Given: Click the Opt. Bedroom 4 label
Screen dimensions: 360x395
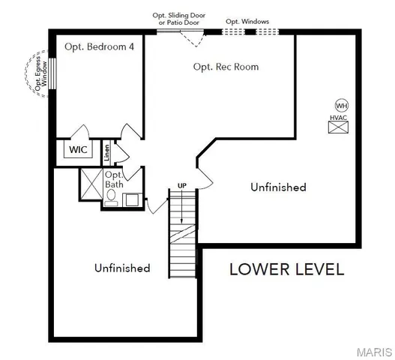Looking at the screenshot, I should tap(100, 46).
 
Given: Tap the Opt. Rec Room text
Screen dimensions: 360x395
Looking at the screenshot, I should tap(226, 67).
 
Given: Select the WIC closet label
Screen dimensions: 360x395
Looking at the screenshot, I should tap(79, 149).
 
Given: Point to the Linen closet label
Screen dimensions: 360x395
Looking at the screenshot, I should tap(107, 152).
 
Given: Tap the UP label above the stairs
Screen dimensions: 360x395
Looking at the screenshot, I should tap(181, 184).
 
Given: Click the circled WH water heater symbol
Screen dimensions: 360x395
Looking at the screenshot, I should tap(341, 105).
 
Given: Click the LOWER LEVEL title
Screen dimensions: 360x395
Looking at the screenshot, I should tap(286, 268).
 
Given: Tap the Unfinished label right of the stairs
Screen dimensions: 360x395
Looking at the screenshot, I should tap(278, 187).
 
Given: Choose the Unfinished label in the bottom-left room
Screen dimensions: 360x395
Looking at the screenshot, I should tap(122, 267).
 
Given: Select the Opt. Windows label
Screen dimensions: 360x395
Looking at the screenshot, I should tap(247, 22).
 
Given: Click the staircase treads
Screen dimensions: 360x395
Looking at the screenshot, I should tap(181, 232).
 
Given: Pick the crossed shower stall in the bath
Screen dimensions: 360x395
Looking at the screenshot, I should tap(91, 182).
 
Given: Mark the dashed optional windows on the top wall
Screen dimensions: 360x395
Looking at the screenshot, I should tap(250, 32).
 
